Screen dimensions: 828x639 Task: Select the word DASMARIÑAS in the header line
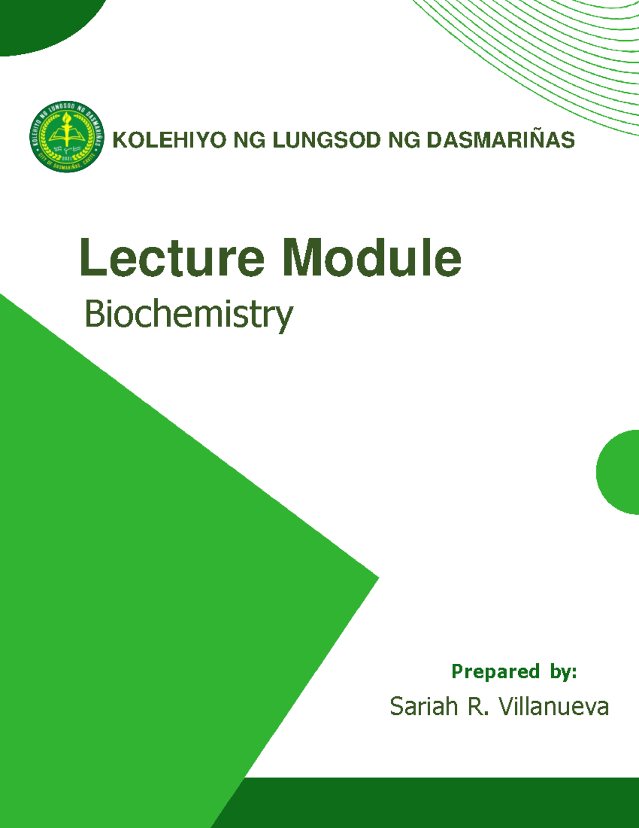click(x=501, y=140)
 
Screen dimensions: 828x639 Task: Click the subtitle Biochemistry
click(x=189, y=315)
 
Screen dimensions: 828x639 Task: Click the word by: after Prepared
click(x=563, y=671)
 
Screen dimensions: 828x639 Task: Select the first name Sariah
click(x=423, y=707)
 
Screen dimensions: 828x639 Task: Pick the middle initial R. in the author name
click(x=477, y=707)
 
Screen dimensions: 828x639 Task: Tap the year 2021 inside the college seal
click(x=67, y=158)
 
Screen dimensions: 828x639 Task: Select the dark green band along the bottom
click(x=426, y=802)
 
